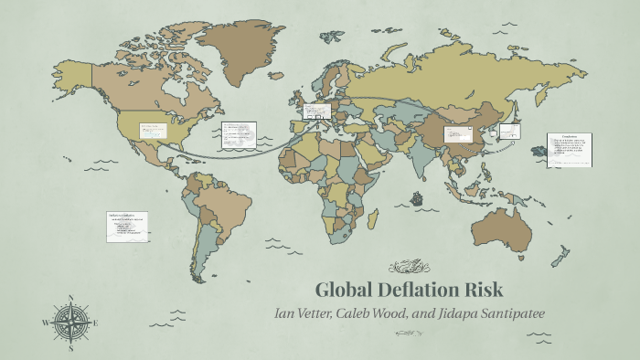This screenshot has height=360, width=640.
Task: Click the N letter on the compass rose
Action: [70, 297]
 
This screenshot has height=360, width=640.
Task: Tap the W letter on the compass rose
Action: [46, 323]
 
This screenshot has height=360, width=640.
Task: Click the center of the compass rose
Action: [70, 323]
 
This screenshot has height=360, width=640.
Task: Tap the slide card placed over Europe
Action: [316, 111]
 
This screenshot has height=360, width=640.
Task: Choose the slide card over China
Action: [456, 134]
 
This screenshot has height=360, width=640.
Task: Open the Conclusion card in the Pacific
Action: [569, 150]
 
